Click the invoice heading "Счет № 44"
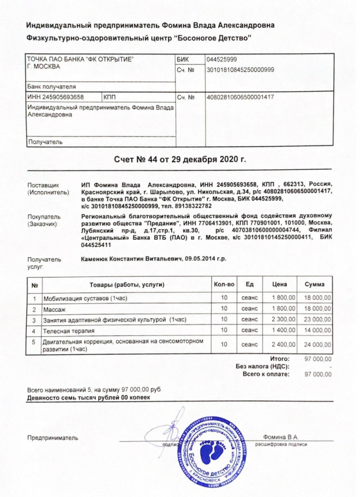[x=180, y=159]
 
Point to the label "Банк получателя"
[x=52, y=87]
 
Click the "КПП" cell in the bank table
[x=111, y=98]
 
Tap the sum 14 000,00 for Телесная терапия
[x=317, y=330]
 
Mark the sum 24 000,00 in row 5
[x=317, y=344]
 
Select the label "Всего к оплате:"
[x=266, y=374]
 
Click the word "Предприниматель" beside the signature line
[x=53, y=438]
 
